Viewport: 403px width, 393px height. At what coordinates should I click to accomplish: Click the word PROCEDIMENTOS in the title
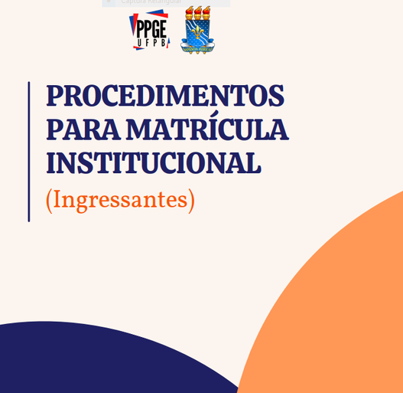[164, 96]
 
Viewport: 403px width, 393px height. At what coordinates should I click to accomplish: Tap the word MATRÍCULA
[207, 129]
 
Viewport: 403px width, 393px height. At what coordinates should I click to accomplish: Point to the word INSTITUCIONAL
[153, 163]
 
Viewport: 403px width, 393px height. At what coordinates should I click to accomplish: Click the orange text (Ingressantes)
[120, 200]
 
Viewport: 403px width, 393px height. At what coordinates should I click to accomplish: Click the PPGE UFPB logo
[148, 31]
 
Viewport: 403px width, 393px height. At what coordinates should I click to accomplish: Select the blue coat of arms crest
[197, 34]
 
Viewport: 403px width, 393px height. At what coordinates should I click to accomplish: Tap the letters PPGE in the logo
[151, 28]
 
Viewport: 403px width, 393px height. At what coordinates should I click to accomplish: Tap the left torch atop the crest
[189, 14]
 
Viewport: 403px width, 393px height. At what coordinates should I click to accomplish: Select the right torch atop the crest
[206, 14]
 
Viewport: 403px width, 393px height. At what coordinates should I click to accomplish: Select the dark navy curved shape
[99, 360]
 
